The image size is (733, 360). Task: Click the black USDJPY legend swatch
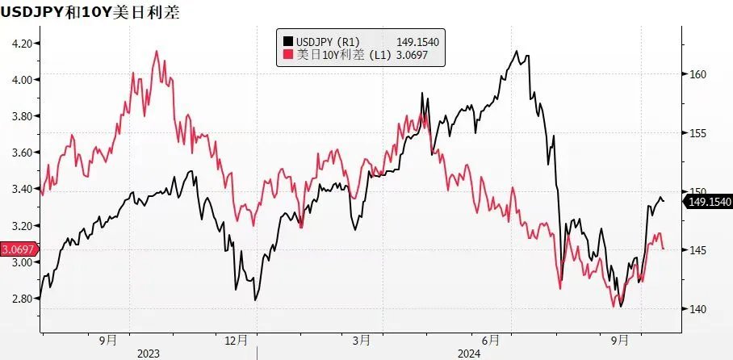point(287,41)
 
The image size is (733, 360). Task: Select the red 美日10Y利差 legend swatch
point(287,55)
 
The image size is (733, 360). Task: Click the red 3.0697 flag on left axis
point(18,249)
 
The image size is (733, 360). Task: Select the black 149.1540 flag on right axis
point(707,202)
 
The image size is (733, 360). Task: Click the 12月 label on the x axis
point(234,341)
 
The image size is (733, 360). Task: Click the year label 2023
point(149,353)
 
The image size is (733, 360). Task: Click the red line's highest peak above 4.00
point(156,51)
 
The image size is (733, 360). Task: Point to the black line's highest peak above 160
point(516,51)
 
